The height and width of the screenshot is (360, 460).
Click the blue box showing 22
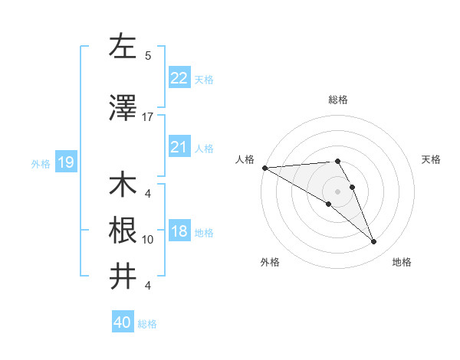(179, 78)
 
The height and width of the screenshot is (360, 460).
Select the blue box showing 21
(179, 147)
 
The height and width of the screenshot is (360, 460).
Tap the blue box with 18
(179, 232)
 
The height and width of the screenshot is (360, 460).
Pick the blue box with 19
(65, 162)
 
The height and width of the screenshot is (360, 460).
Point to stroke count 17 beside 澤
(148, 116)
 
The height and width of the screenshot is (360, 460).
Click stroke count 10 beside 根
(148, 239)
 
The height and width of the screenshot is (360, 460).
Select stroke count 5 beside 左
(148, 55)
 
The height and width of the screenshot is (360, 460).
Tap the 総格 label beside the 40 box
(147, 324)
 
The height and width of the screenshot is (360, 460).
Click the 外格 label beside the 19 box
(40, 163)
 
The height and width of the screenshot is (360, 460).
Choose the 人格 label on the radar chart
(245, 159)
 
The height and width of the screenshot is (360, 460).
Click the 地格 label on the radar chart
(402, 262)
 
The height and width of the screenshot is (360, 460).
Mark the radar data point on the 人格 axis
(264, 168)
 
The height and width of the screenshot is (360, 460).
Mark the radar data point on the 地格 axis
(374, 242)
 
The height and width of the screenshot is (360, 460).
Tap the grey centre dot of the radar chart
(337, 190)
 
